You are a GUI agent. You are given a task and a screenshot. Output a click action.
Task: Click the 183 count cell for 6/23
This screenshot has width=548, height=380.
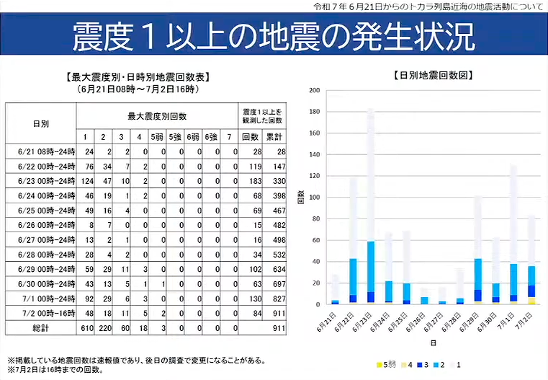(253, 180)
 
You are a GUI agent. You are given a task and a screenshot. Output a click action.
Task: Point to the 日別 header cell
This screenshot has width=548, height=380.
(40, 124)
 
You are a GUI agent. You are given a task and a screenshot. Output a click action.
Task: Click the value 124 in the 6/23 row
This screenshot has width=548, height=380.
(88, 180)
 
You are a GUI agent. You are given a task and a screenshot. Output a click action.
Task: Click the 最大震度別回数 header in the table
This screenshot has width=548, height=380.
(157, 115)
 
